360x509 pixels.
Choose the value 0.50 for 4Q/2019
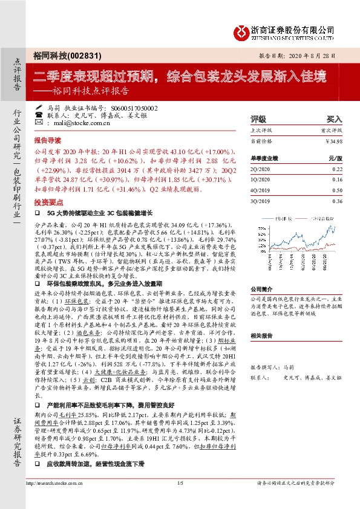coord(337,190)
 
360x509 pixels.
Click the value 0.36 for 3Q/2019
coord(337,199)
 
